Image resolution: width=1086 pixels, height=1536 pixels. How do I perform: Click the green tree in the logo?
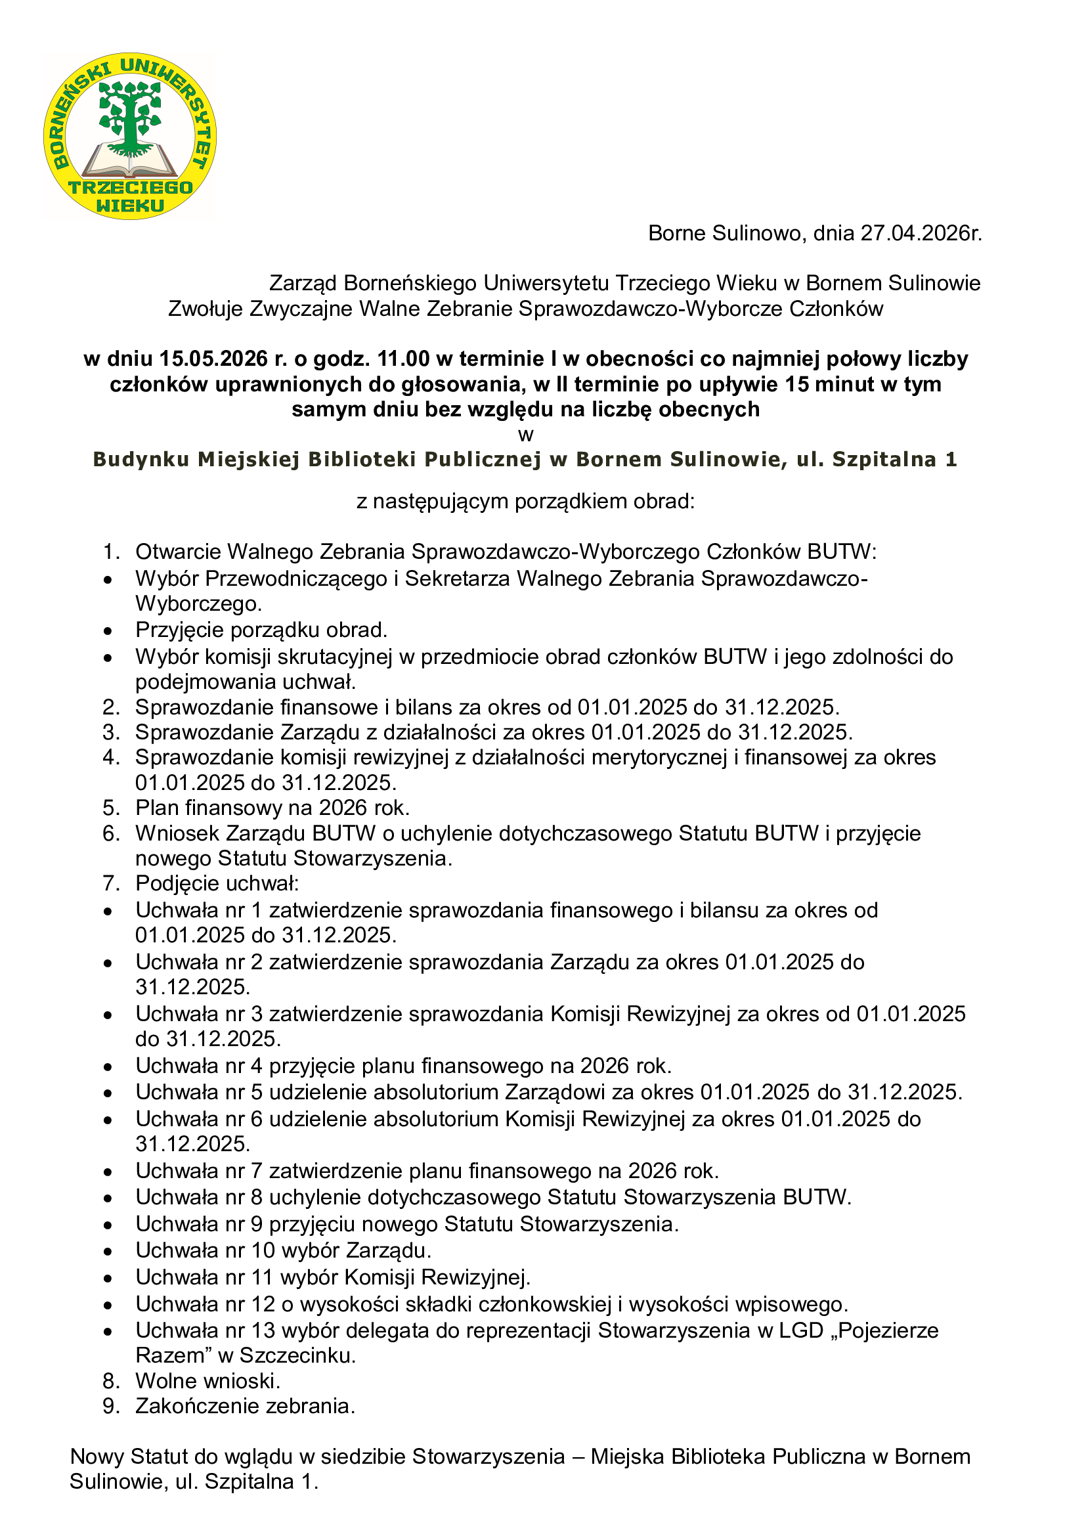pos(130,114)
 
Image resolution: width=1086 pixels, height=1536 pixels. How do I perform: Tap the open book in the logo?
pos(130,162)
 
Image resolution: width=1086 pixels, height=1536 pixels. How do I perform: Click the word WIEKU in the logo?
pos(130,206)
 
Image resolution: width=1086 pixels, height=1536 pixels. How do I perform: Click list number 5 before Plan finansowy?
pos(111,808)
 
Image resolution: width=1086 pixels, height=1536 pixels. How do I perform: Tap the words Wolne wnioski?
pos(207,1381)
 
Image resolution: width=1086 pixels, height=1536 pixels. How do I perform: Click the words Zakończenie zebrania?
pos(245,1406)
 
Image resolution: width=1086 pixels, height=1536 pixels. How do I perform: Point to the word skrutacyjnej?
pos(334,657)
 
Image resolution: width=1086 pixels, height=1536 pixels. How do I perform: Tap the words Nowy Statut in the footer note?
pos(124,1457)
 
